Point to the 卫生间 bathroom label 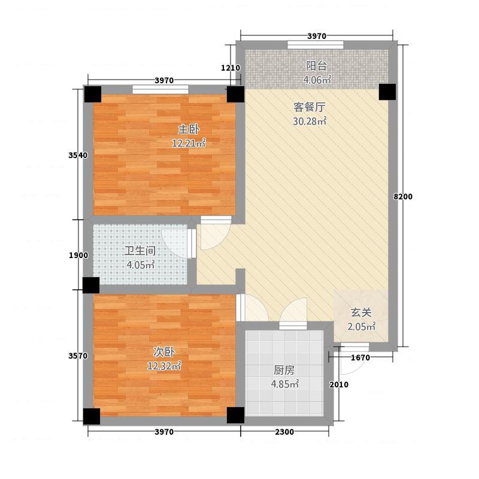coord(140,251)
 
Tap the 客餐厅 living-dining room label coord(309,108)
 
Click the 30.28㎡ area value coord(310,122)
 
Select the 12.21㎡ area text coord(189,143)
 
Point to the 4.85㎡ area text coord(286,384)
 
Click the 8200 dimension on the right coord(404,197)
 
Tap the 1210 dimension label coord(231,68)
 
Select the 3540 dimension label coord(78,155)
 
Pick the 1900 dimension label coord(78,256)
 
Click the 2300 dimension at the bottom coord(284,432)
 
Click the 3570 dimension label coord(78,356)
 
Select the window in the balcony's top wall coord(315,45)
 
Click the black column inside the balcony coord(387,92)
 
